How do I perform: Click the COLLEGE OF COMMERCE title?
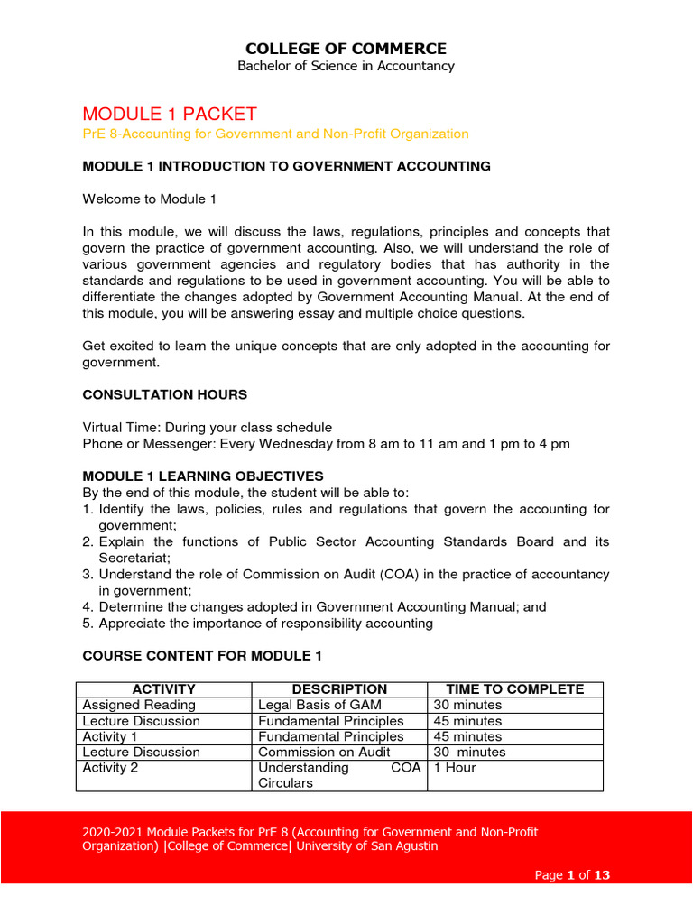click(346, 49)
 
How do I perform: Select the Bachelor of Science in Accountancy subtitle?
click(346, 66)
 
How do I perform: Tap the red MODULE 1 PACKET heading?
click(170, 114)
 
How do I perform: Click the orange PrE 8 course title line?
click(275, 134)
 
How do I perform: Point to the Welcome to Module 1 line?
click(149, 199)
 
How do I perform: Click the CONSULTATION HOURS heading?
click(164, 394)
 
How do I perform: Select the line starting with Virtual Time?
click(207, 427)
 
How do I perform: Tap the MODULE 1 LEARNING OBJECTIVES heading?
click(202, 476)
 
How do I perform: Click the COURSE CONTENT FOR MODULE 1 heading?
click(201, 655)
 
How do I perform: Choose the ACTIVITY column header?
click(163, 689)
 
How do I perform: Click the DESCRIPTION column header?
click(339, 689)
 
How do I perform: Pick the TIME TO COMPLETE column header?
click(514, 689)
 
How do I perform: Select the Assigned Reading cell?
click(139, 705)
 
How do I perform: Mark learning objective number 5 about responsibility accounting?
click(265, 624)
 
